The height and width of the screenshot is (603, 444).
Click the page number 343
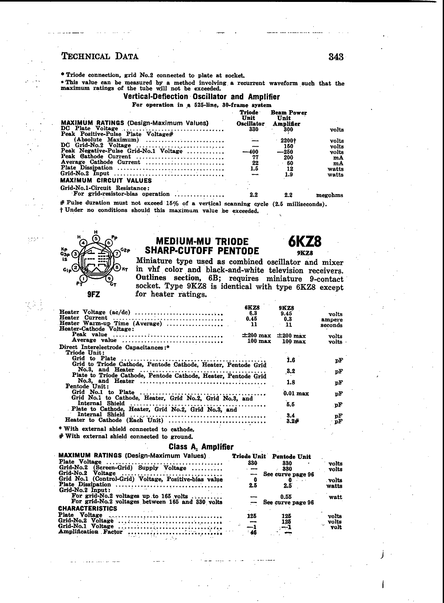[x=336, y=57]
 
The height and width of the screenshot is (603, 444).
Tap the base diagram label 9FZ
[x=94, y=295]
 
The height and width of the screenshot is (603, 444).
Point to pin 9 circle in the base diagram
[x=109, y=279]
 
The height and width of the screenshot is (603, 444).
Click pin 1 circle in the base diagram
[x=83, y=279]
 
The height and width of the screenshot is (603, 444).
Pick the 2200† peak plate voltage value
[x=288, y=141]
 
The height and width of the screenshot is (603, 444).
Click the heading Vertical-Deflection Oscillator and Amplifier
[x=201, y=97]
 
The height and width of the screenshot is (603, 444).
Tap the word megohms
[x=330, y=195]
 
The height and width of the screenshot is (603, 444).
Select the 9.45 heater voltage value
[x=286, y=314]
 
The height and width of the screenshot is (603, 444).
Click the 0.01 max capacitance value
[x=296, y=393]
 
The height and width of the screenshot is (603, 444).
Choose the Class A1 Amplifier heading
[x=201, y=447]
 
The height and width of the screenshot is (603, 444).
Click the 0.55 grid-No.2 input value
[x=286, y=497]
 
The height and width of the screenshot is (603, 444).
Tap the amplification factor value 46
[x=253, y=533]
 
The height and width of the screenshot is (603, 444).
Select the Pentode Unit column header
[x=291, y=456]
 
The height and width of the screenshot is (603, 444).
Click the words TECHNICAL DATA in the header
[x=100, y=57]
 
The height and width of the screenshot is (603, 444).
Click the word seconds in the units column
[x=331, y=325]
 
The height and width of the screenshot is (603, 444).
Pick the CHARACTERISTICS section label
[x=88, y=509]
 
